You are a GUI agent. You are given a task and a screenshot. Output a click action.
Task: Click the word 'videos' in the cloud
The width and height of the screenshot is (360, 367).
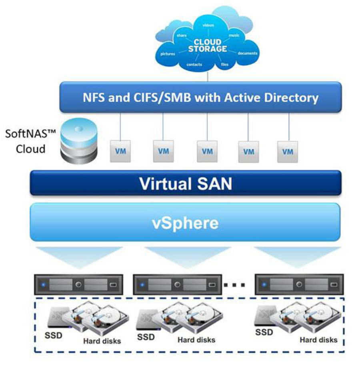coord(208,25)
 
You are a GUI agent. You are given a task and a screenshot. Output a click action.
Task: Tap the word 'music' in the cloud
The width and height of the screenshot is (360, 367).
coord(234,36)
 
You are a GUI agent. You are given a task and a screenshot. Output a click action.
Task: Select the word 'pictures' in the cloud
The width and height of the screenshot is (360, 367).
coord(167,53)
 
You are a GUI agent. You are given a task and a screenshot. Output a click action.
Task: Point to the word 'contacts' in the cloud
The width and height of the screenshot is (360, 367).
coord(194,64)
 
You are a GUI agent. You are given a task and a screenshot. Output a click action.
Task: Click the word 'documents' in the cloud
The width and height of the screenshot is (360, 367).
coord(248,53)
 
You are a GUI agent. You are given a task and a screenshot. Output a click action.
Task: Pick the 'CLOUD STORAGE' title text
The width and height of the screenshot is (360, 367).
coord(207,45)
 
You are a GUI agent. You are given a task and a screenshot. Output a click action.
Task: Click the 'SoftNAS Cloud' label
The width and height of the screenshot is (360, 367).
coord(25,141)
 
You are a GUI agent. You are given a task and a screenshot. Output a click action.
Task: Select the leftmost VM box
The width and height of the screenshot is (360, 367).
coord(120,152)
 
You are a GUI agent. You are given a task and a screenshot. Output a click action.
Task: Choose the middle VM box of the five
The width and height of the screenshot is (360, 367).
coord(207,152)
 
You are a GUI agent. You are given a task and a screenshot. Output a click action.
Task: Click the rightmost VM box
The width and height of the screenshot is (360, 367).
coord(287,152)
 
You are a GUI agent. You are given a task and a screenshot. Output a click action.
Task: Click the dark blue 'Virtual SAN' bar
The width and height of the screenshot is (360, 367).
coord(186,183)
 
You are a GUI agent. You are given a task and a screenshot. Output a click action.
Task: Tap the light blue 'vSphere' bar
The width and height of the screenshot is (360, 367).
coord(186,222)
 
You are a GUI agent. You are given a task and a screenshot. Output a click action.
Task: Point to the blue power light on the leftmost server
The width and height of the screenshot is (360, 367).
coord(43,285)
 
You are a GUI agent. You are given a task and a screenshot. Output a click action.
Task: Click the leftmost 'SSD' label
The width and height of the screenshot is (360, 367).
coord(53,335)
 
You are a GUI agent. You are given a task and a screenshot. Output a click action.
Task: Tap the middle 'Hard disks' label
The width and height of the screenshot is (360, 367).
coord(196,340)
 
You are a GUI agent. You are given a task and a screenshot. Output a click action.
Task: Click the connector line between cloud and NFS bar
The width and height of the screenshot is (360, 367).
coord(208,77)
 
